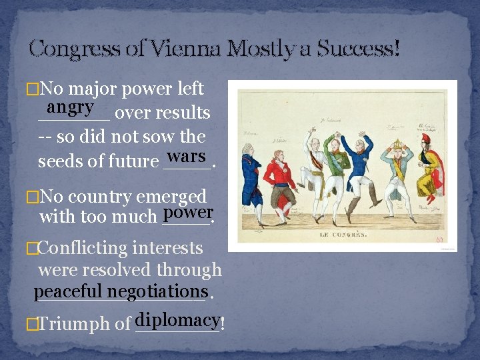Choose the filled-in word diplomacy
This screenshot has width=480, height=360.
[177, 319]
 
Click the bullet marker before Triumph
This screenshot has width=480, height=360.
[29, 325]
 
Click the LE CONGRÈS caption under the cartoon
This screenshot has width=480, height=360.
[342, 235]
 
